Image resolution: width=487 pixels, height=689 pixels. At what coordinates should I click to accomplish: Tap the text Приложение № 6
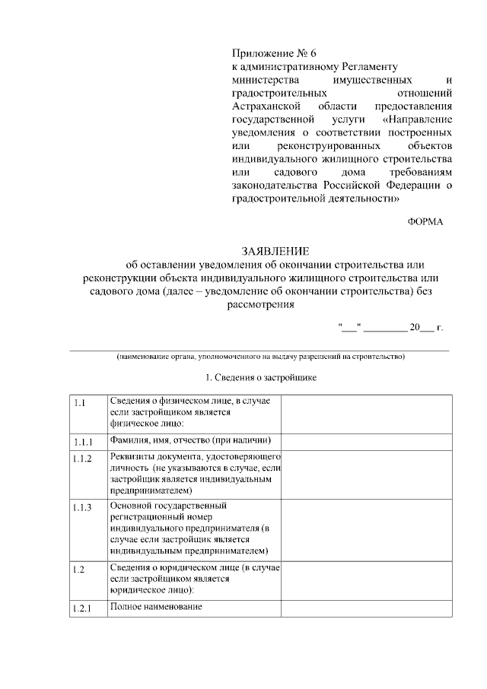click(x=273, y=53)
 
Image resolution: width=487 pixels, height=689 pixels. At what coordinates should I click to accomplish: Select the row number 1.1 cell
click(x=80, y=402)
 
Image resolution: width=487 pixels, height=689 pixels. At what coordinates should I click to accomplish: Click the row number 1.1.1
click(x=83, y=442)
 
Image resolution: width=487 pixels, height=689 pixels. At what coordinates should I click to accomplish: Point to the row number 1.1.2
click(x=83, y=459)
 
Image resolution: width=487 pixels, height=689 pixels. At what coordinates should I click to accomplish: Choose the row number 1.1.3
click(x=83, y=507)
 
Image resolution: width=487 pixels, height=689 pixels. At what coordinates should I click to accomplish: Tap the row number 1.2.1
click(x=83, y=609)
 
